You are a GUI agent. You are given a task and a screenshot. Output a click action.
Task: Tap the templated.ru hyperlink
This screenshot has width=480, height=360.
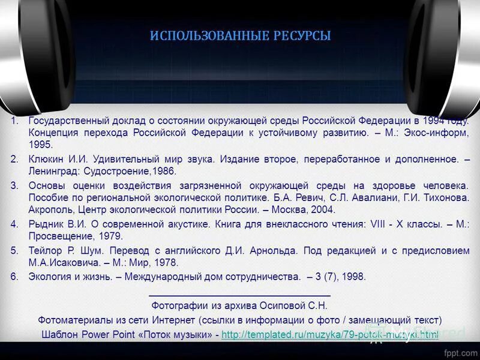click(x=330, y=334)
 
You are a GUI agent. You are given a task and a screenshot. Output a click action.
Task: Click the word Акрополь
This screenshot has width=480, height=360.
click(x=49, y=209)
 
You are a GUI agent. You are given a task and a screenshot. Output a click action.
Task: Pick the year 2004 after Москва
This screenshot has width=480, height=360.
click(x=323, y=209)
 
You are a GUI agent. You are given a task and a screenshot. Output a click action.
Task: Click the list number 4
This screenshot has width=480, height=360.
click(x=14, y=224)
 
